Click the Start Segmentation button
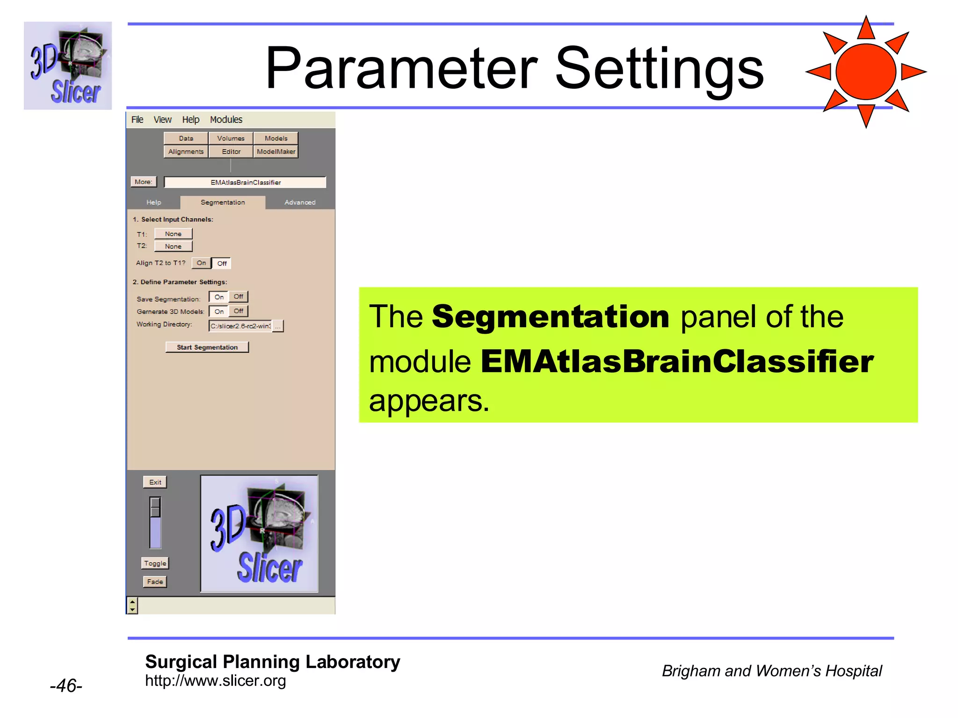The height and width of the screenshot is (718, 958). tap(207, 347)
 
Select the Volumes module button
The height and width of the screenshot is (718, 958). tap(231, 138)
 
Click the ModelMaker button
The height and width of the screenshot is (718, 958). tap(276, 151)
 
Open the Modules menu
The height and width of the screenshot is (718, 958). tap(226, 120)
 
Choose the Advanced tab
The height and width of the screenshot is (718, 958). tap(300, 202)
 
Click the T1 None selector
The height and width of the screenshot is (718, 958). tap(173, 234)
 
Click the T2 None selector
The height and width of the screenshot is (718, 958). tap(173, 246)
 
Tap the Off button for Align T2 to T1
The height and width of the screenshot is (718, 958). tap(222, 263)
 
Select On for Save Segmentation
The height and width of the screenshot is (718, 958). tap(219, 297)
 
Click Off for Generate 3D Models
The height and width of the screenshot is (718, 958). tap(239, 311)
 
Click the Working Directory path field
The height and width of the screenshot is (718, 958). tap(240, 326)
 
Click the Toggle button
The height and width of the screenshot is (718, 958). tap(155, 563)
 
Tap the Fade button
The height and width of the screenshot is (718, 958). tap(155, 582)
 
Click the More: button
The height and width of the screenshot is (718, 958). tap(143, 182)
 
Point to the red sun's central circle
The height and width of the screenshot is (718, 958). tap(866, 72)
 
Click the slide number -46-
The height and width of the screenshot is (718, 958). tap(66, 686)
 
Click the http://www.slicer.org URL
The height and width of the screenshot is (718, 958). tap(215, 681)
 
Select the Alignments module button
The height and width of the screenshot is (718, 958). tap(186, 151)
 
